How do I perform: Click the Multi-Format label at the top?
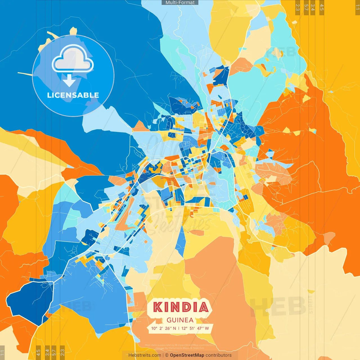[180, 3]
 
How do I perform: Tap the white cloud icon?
[73, 58]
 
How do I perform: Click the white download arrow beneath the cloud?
[69, 81]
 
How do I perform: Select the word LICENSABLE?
[73, 95]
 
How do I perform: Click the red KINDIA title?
[181, 307]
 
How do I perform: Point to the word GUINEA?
[180, 320]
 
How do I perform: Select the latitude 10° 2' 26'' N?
[163, 328]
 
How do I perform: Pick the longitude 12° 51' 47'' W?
[195, 328]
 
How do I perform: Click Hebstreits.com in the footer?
[145, 355]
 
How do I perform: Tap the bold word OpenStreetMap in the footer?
[187, 355]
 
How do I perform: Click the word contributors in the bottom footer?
[219, 355]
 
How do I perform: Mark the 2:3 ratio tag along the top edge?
[298, 7]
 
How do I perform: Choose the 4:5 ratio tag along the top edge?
[322, 7]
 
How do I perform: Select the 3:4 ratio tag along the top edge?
[313, 7]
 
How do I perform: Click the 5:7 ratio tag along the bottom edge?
[54, 352]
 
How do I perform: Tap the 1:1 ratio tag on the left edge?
[2, 353]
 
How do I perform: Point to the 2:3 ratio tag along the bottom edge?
[62, 352]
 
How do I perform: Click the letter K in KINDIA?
[158, 307]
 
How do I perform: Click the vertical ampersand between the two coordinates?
[179, 328]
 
